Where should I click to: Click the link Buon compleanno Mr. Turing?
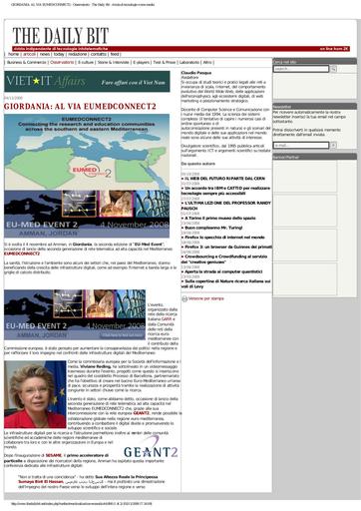(214, 227)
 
